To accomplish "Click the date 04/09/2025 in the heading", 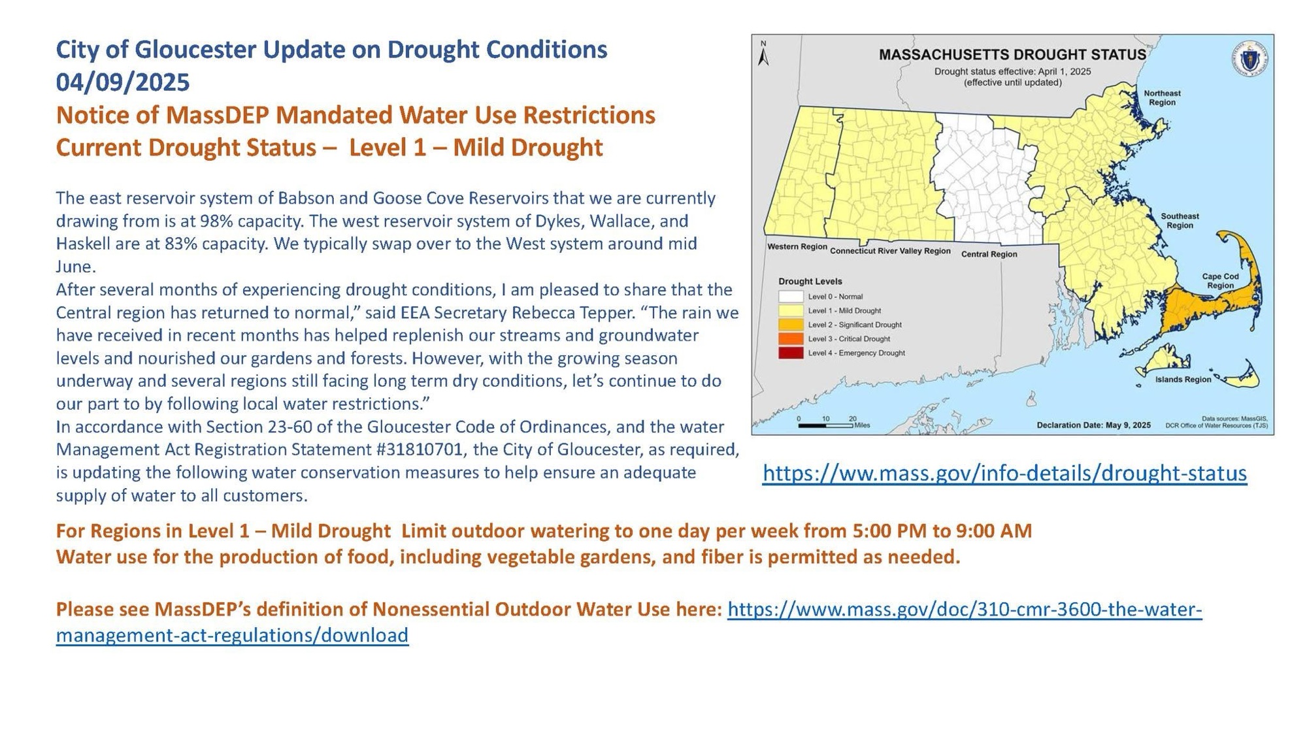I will [x=123, y=82].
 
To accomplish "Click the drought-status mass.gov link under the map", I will [x=1004, y=473].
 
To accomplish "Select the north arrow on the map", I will [x=763, y=54].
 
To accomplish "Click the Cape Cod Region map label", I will [x=1220, y=281].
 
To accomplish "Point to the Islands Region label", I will [x=1183, y=380].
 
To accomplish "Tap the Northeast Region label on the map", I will [x=1162, y=98].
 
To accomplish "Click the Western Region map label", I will [x=797, y=247].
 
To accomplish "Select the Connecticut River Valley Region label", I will [x=890, y=251].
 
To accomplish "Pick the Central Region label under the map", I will [x=989, y=254].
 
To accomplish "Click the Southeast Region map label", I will [x=1180, y=221].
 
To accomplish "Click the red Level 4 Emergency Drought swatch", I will [x=790, y=353].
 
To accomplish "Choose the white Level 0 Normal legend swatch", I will [x=790, y=297].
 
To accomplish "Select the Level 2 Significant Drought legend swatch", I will [x=790, y=325].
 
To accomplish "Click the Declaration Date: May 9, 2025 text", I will [x=1093, y=425].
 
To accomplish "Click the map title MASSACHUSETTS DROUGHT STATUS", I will [x=1012, y=55].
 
